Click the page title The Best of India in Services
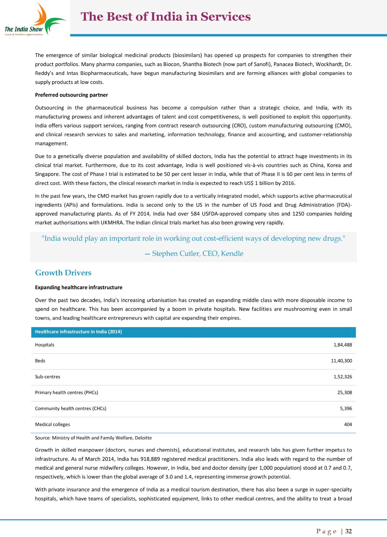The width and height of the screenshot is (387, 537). point(166,17)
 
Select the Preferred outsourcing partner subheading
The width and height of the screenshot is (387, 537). point(71,95)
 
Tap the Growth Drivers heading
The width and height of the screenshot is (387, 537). point(63,273)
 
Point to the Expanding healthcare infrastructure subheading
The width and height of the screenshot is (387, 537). point(79,287)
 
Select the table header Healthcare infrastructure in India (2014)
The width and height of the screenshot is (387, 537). point(78,332)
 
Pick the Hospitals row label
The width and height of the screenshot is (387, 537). point(45,345)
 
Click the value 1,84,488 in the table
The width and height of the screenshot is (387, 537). point(343,345)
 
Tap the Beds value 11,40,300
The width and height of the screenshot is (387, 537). point(341,361)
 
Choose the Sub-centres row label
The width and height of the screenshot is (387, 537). point(47,377)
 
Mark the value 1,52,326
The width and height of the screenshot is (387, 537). point(343,377)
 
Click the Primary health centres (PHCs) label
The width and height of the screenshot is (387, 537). point(66,393)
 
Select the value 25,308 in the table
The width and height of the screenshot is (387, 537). point(345,393)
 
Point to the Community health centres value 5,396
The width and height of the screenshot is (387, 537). point(346,408)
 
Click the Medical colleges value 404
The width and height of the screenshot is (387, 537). point(348,424)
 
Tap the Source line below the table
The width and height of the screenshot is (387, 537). point(93,438)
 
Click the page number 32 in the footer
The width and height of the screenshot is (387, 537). point(348,531)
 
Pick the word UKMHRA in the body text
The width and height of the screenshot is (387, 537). point(112,223)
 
